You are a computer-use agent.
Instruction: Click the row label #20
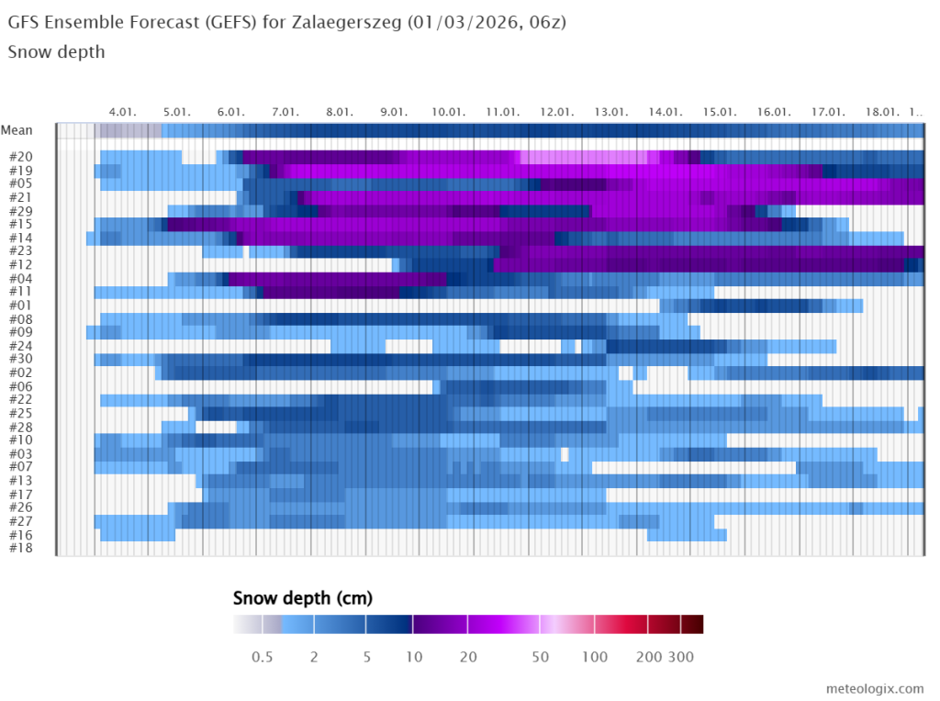click(x=20, y=157)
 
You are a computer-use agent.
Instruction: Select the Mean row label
click(x=17, y=130)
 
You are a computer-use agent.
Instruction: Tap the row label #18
click(x=20, y=548)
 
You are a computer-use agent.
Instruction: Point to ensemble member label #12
click(x=20, y=264)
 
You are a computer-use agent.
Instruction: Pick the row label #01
click(x=20, y=305)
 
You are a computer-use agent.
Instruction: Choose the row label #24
click(x=20, y=346)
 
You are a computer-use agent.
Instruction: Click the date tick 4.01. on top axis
click(x=122, y=111)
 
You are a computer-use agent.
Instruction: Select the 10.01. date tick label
click(x=448, y=111)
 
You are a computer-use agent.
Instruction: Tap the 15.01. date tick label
click(x=720, y=111)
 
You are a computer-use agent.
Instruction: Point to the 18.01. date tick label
click(x=882, y=111)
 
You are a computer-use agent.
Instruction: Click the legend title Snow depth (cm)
click(x=303, y=599)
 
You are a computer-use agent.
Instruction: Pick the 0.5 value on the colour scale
click(x=262, y=656)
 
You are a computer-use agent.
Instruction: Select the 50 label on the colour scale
click(x=541, y=656)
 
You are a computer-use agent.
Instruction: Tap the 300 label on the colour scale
click(x=680, y=656)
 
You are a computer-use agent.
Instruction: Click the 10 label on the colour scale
click(x=413, y=656)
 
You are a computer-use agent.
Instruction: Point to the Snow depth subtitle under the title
click(x=56, y=51)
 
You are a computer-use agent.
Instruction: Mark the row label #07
click(x=20, y=467)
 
